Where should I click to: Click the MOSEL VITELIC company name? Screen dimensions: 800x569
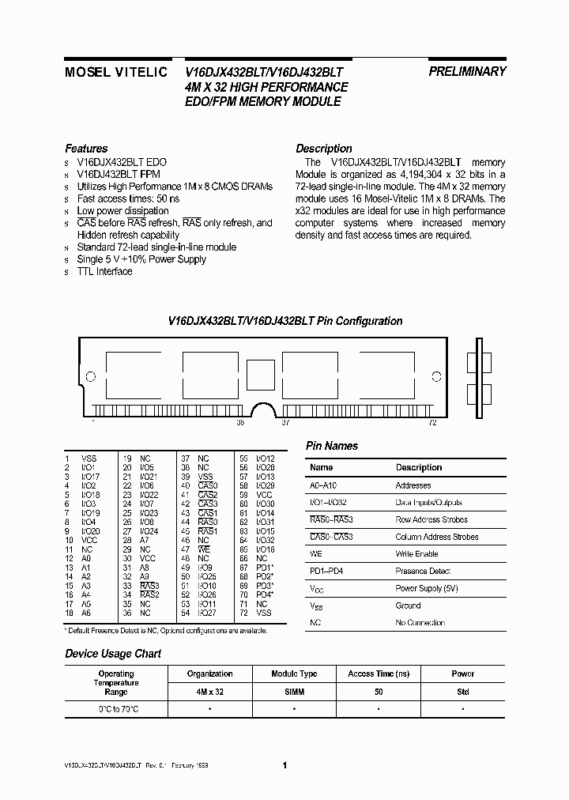click(x=115, y=72)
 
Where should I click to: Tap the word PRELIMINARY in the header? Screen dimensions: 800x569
click(x=467, y=71)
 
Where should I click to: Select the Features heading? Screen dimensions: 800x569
click(x=86, y=149)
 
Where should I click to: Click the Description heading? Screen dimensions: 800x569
click(x=323, y=149)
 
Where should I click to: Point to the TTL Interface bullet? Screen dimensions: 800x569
click(x=104, y=271)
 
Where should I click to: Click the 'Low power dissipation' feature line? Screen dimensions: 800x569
click(x=122, y=211)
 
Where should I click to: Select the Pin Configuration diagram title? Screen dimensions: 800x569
click(x=285, y=321)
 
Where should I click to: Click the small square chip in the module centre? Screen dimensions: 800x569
click(x=258, y=372)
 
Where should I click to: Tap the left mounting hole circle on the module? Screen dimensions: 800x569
click(x=90, y=376)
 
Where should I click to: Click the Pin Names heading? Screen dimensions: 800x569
click(x=332, y=447)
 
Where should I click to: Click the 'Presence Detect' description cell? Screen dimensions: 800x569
click(x=423, y=572)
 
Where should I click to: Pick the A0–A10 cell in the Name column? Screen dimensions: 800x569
click(x=323, y=485)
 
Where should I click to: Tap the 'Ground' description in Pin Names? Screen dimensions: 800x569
click(x=408, y=606)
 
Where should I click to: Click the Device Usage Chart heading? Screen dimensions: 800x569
click(x=113, y=654)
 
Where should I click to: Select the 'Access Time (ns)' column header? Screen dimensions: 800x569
click(x=379, y=674)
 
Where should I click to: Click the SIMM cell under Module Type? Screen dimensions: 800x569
click(x=294, y=691)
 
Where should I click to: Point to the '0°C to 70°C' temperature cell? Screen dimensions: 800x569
click(x=115, y=708)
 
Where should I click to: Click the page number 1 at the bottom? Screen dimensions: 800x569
click(x=284, y=765)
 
